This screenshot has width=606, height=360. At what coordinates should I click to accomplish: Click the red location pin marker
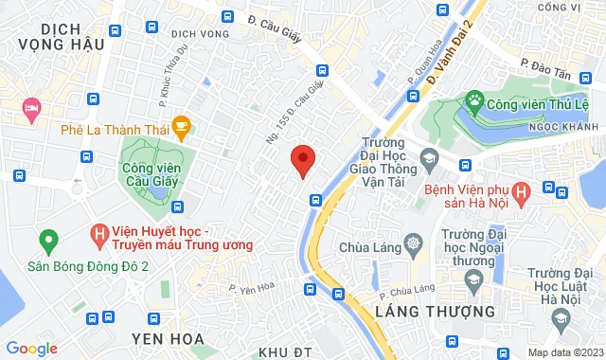302,161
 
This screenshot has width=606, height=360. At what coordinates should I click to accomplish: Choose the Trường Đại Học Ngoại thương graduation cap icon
471,279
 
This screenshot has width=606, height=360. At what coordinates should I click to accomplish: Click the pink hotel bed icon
31,110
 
